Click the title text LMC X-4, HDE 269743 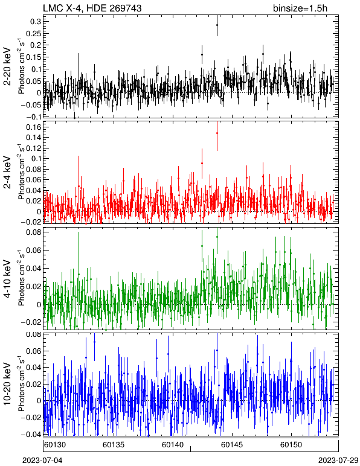(x=92, y=8)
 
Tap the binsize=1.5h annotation (x=300, y=8)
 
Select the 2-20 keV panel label (x=7, y=66)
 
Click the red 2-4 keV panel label (x=7, y=173)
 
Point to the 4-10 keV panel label (x=7, y=279)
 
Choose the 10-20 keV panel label (x=7, y=384)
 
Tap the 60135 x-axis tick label (x=114, y=445)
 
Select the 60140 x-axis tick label (x=173, y=445)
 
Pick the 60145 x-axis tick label (x=232, y=445)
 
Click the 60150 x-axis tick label (x=291, y=445)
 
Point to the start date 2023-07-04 (x=42, y=461)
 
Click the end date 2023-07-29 (x=338, y=461)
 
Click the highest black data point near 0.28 (x=217, y=25)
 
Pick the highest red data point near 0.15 (x=217, y=133)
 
